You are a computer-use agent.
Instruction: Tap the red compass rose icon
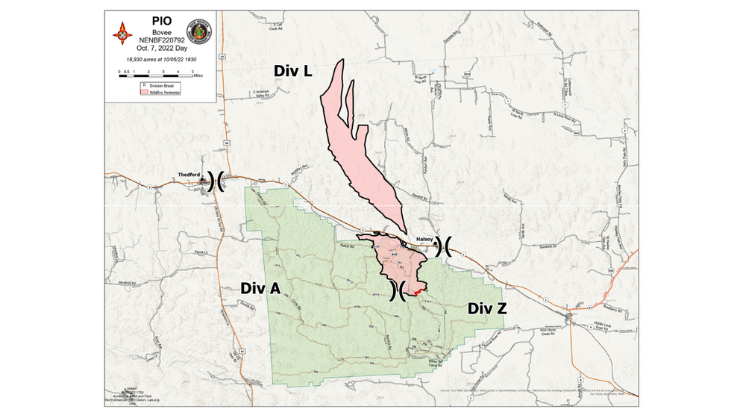(122, 34)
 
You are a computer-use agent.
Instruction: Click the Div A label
(260, 288)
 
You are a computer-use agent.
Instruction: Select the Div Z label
(487, 307)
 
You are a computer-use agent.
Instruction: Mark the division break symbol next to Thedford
(216, 181)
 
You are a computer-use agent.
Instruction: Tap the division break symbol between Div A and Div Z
(398, 290)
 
